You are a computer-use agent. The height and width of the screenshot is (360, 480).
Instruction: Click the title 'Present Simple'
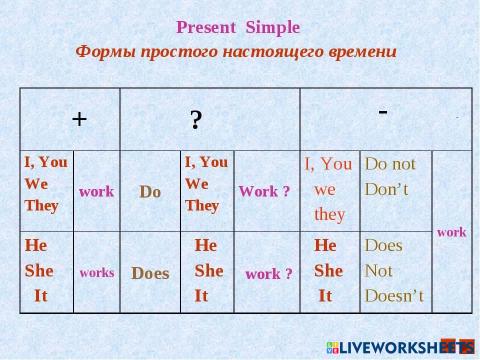pyautogui.click(x=237, y=26)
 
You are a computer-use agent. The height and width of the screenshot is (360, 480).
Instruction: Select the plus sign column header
pyautogui.click(x=79, y=118)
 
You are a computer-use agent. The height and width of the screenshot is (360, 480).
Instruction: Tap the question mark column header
pyautogui.click(x=197, y=119)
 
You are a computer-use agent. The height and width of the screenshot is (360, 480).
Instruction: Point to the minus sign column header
pyautogui.click(x=383, y=111)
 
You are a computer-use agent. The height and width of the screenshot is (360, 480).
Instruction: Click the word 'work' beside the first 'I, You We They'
pyautogui.click(x=96, y=191)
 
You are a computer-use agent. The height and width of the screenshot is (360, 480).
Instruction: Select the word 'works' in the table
pyautogui.click(x=96, y=272)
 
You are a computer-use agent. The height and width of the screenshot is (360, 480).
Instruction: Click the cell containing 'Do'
pyautogui.click(x=150, y=191)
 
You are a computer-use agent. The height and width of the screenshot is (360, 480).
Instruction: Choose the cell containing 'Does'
pyautogui.click(x=150, y=272)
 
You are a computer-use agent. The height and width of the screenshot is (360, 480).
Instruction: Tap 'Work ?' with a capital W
pyautogui.click(x=264, y=191)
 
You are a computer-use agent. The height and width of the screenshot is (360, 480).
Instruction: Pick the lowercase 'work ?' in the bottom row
pyautogui.click(x=268, y=273)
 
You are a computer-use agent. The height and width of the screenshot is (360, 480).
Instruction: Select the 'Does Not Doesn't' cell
pyautogui.click(x=394, y=270)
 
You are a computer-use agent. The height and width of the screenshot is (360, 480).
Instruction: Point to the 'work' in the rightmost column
pyautogui.click(x=451, y=231)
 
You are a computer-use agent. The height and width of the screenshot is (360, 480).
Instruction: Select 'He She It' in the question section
pyautogui.click(x=208, y=270)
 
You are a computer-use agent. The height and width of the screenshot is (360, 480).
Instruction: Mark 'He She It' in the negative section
pyautogui.click(x=327, y=270)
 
